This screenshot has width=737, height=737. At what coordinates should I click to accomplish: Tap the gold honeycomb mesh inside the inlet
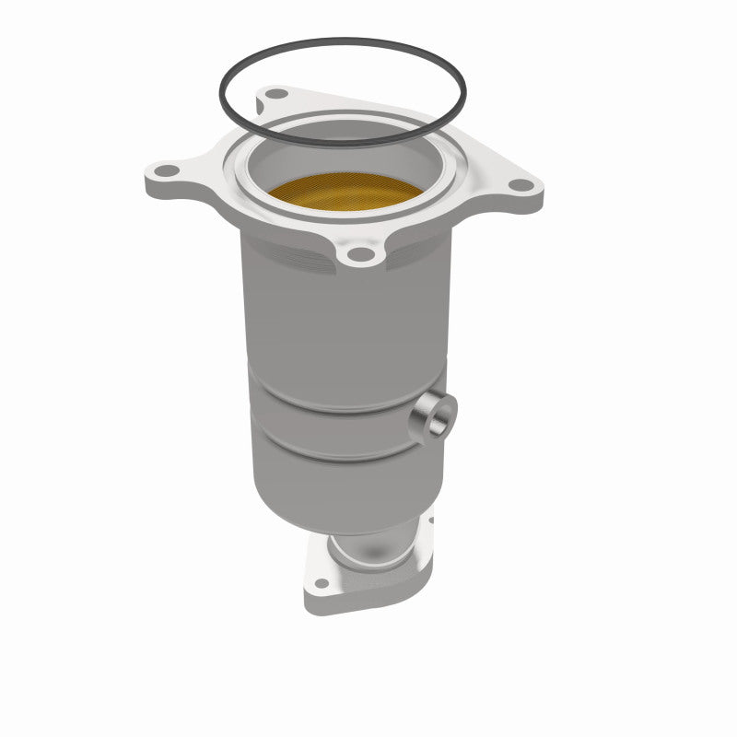pyautogui.click(x=345, y=193)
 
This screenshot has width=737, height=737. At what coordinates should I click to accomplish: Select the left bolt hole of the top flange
pyautogui.click(x=167, y=172)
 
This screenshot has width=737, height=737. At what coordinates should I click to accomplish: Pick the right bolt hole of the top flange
pyautogui.click(x=521, y=185)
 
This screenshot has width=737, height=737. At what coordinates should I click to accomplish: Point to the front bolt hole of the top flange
pyautogui.click(x=363, y=253)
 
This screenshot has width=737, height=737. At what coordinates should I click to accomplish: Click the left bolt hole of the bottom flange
pyautogui.click(x=320, y=582)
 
